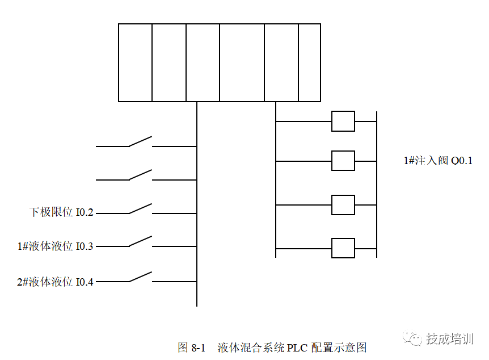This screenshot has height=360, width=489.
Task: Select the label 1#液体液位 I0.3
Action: (x=55, y=246)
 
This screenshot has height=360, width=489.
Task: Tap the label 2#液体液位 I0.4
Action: (x=55, y=282)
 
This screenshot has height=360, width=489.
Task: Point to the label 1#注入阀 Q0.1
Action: (x=438, y=161)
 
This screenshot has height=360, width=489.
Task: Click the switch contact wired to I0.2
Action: (x=140, y=209)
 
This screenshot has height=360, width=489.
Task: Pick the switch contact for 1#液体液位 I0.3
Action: (x=140, y=242)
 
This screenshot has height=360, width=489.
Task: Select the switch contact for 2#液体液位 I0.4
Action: (x=140, y=277)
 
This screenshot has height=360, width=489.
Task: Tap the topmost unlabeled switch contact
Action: (x=140, y=141)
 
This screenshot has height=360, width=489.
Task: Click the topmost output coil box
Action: (x=343, y=122)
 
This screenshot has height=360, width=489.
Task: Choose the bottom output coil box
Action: (x=343, y=248)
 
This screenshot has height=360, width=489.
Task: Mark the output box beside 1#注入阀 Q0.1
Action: (x=343, y=161)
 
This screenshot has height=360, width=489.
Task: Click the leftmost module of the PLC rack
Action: (x=135, y=62)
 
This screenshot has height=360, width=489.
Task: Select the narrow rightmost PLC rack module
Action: (x=309, y=62)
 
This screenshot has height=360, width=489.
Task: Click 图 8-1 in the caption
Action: (x=191, y=348)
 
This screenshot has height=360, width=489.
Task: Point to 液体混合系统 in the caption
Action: (x=251, y=348)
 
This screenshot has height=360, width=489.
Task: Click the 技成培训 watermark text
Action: (x=449, y=339)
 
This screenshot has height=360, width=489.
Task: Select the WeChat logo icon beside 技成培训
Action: (x=413, y=338)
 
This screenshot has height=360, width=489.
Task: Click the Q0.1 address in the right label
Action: (x=461, y=161)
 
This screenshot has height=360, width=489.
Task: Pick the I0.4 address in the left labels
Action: (x=85, y=282)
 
